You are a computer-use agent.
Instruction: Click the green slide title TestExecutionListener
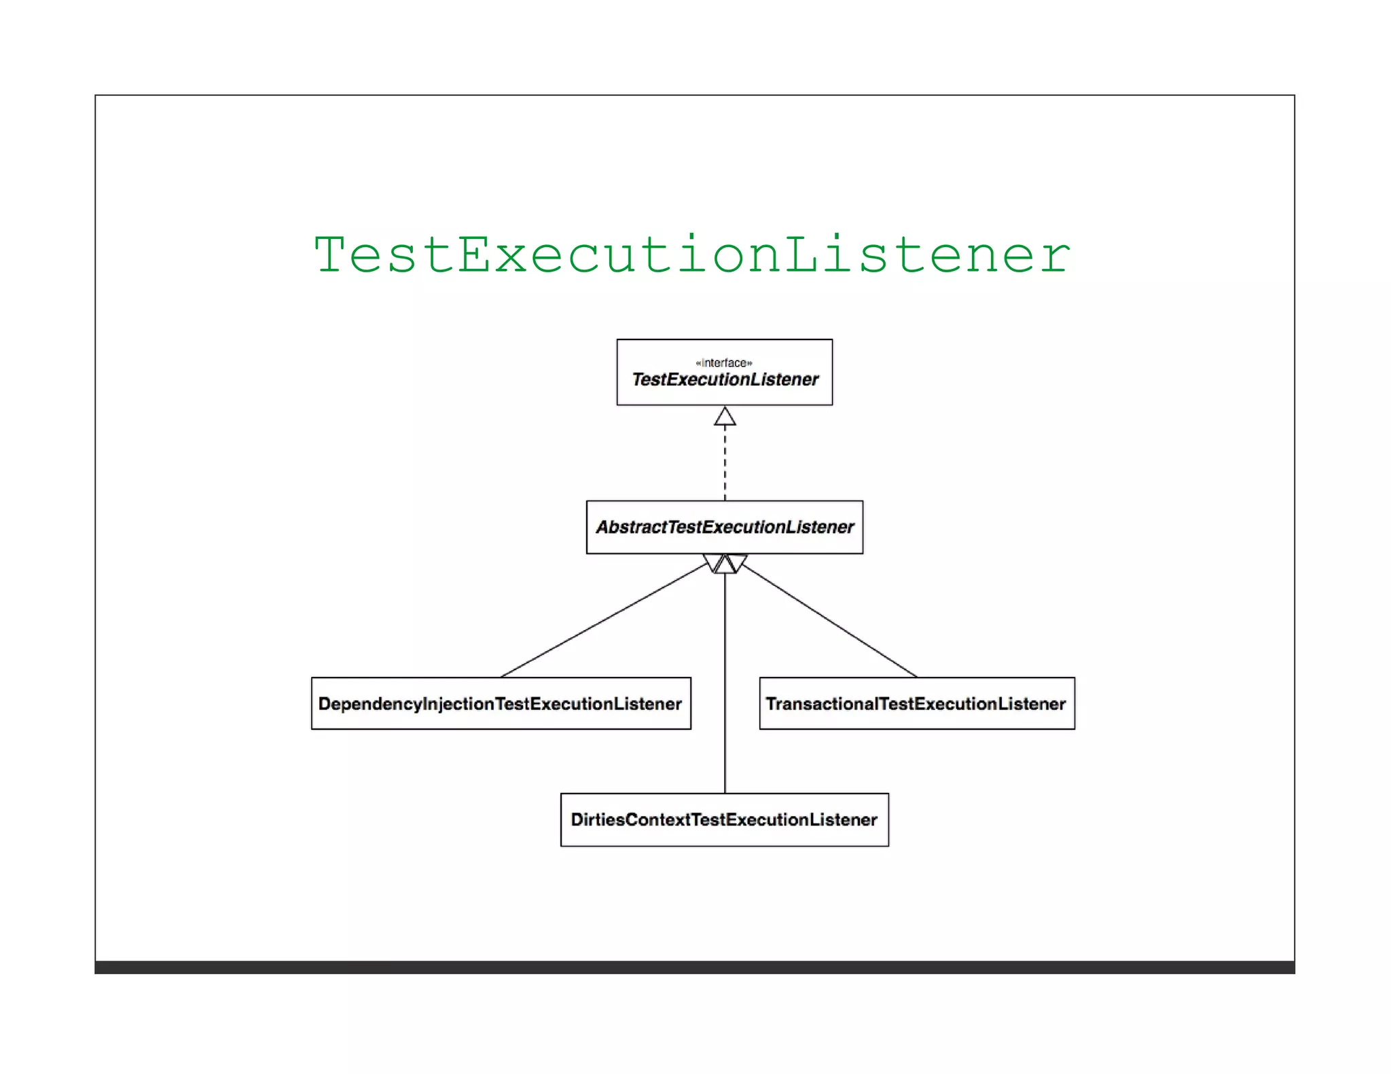pyautogui.click(x=691, y=255)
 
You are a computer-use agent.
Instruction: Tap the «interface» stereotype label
pyautogui.click(x=724, y=363)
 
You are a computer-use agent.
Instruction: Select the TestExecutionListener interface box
pyautogui.click(x=724, y=373)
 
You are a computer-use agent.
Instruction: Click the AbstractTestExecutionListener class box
pyautogui.click(x=724, y=527)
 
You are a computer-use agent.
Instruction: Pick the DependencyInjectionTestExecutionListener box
pyautogui.click(x=501, y=703)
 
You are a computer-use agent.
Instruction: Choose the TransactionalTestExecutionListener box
pyautogui.click(x=916, y=703)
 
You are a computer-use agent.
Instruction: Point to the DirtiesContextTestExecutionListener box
pyautogui.click(x=724, y=819)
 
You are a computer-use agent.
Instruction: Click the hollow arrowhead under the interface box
pyautogui.click(x=725, y=417)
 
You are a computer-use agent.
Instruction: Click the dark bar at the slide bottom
pyautogui.click(x=694, y=967)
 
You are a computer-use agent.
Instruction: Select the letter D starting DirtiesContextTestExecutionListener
pyautogui.click(x=577, y=819)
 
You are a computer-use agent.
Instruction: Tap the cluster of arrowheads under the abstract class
pyautogui.click(x=725, y=563)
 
